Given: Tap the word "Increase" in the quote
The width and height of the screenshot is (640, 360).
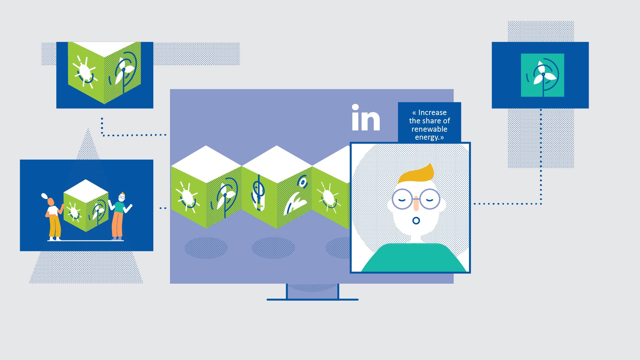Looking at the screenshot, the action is (x=432, y=112).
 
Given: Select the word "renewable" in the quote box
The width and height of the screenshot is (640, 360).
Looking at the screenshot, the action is (x=429, y=129).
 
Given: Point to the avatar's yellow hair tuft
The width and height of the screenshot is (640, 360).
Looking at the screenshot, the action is (x=416, y=173).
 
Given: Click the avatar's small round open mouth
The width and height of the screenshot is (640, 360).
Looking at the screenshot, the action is (x=416, y=221).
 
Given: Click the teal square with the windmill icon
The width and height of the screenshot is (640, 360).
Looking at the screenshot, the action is (x=542, y=75).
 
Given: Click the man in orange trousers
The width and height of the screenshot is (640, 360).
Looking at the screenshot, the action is (x=119, y=216).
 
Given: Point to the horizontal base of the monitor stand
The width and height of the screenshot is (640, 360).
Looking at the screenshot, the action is (x=312, y=300).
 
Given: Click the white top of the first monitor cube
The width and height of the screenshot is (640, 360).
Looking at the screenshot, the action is (x=206, y=164).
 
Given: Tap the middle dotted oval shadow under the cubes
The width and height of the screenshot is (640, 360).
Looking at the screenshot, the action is (x=273, y=248).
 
